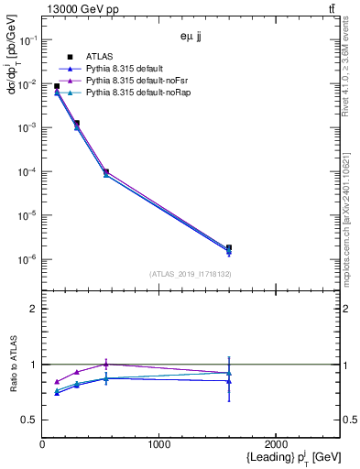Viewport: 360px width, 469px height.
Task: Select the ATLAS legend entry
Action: tap(99, 57)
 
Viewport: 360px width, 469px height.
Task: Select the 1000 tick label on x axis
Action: tap(159, 443)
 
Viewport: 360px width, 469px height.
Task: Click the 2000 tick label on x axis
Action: tap(277, 443)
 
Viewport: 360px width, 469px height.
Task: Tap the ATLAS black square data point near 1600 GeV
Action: tap(229, 248)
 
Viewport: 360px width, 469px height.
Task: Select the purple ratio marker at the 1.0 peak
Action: tap(106, 364)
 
